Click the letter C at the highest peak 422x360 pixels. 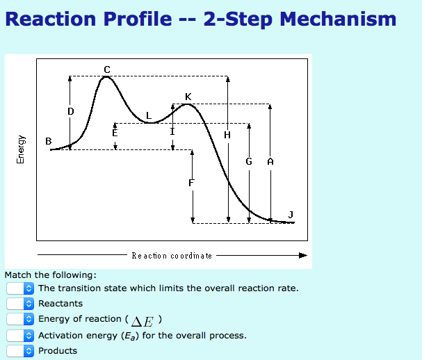point(106,69)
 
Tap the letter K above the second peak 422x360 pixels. point(188,96)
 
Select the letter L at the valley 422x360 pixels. point(148,115)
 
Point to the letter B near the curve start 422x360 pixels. point(48,141)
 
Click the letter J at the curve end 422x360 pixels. point(291,213)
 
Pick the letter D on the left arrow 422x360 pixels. point(70,111)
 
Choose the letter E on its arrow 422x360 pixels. point(115,131)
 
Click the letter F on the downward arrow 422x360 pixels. point(192,183)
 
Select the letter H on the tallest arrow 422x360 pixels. point(227,135)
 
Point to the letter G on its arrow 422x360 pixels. point(248,161)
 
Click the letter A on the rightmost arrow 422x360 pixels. point(270,161)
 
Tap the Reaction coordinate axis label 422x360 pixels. point(172,256)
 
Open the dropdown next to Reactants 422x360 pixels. point(20,304)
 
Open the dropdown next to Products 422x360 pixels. point(20,351)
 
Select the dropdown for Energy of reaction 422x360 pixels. point(20,319)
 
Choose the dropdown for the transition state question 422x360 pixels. point(20,288)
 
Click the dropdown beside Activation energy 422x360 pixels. point(20,335)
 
